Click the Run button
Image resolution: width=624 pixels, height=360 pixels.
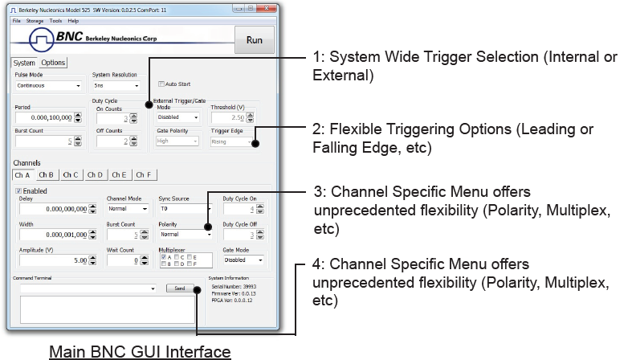click(254, 40)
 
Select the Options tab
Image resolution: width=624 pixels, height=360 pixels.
click(53, 63)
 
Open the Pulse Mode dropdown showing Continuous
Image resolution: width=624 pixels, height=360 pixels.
click(48, 85)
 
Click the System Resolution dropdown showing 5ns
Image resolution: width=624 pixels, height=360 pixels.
click(116, 85)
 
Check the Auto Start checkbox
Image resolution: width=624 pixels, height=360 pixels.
click(161, 84)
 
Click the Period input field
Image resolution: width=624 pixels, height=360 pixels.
click(45, 117)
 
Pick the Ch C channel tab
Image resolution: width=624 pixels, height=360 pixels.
click(71, 174)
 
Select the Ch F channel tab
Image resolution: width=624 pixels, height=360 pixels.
click(144, 174)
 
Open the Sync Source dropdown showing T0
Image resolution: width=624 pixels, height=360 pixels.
click(186, 208)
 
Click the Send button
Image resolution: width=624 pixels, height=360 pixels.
click(179, 288)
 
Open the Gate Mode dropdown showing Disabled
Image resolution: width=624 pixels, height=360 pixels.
click(242, 260)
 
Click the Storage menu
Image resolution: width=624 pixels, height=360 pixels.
click(35, 20)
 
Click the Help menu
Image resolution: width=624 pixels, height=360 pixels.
click(73, 20)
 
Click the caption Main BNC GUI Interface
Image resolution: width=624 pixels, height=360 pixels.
click(140, 352)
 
